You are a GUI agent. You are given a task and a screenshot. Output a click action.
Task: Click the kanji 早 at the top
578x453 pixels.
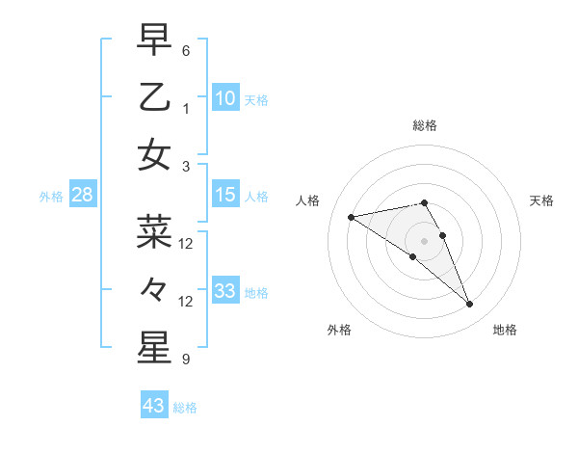pos(155,40)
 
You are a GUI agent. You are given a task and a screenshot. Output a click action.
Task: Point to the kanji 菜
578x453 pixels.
pos(155,231)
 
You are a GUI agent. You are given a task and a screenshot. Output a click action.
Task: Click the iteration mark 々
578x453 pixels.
pos(155,288)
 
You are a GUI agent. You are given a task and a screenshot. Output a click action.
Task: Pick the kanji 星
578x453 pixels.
pos(155,345)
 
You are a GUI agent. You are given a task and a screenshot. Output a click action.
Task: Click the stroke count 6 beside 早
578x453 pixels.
pos(186,50)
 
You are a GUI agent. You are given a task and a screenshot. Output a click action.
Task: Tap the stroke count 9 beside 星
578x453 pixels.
pos(186,360)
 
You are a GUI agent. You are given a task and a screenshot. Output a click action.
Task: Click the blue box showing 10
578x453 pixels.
pos(225,97)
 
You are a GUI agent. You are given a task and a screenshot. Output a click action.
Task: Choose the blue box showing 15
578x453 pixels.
pos(225,196)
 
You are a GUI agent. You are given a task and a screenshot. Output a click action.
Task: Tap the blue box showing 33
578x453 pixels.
pos(225,291)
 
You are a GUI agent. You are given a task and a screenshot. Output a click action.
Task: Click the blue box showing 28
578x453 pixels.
pos(83,196)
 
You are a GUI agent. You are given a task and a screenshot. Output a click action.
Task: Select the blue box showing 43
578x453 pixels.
pos(154,406)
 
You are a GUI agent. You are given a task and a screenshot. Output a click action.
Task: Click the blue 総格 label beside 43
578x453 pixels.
pos(185,408)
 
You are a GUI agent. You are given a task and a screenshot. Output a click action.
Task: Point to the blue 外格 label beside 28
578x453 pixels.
pos(51,197)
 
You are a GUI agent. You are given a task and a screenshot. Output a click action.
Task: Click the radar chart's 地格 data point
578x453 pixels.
pos(470,305)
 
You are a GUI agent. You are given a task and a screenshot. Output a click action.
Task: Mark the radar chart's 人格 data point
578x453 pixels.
pos(352,217)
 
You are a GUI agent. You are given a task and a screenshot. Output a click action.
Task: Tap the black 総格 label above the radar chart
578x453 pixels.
pos(425,125)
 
